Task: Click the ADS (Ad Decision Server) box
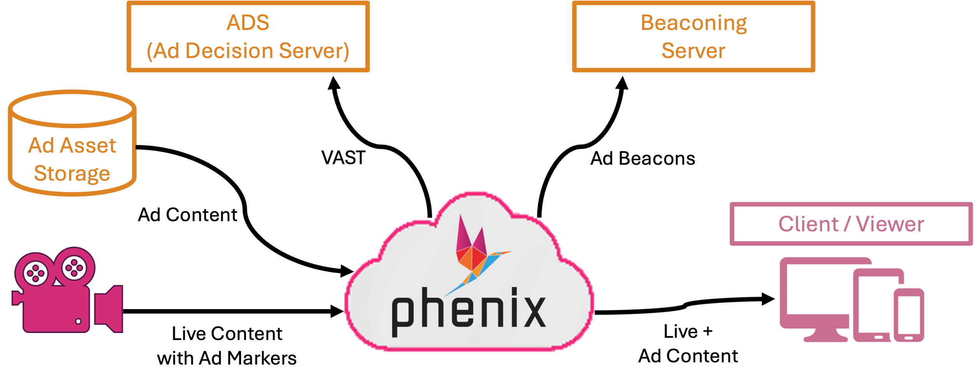coord(248,37)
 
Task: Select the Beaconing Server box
coord(693,37)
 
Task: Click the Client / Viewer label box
coord(851,224)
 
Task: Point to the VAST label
coord(343,158)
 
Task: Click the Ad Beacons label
coord(643,159)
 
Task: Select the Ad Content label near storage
coord(188,215)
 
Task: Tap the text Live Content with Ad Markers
coord(227,346)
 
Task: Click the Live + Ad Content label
coord(688,344)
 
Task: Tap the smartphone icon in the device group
coord(909,315)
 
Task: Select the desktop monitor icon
coord(816,296)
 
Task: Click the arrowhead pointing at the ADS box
coord(334,83)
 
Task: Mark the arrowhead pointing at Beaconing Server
coord(622,83)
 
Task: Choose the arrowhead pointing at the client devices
coord(768,299)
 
